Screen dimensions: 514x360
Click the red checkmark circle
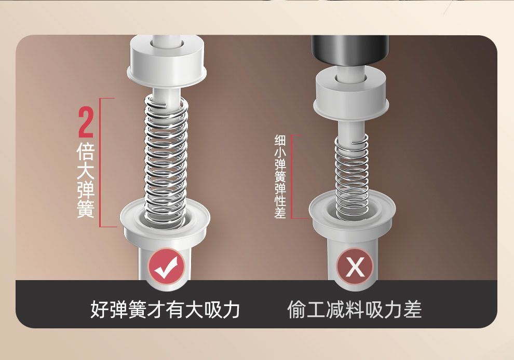[167, 267]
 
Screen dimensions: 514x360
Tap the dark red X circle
[355, 266]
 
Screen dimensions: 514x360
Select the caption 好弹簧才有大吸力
[165, 310]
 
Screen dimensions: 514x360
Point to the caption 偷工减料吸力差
[355, 310]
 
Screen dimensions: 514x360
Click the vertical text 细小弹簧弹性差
[280, 176]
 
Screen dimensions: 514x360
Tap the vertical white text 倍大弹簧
[86, 180]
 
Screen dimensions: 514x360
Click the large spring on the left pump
[166, 160]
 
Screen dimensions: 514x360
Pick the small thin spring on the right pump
[351, 177]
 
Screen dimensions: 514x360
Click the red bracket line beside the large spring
[100, 162]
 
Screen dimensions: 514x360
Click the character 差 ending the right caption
[413, 310]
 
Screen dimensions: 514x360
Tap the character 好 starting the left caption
[99, 310]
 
